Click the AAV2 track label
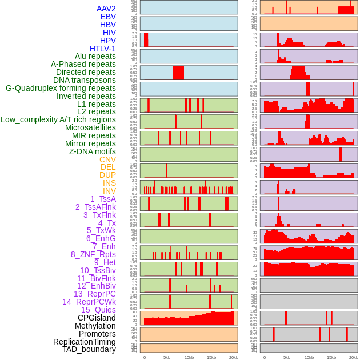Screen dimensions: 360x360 pos(106,9)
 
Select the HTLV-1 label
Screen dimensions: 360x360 pos(102,49)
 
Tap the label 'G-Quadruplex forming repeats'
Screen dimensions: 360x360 pos(61,88)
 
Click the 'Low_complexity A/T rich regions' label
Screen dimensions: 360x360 pos(58,119)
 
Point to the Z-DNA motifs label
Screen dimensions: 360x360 pos(92,151)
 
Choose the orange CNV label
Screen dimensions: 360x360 pos(107,159)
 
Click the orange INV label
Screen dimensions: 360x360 pos(109,191)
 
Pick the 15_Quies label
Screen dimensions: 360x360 pos(98,310)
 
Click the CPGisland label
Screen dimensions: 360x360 pos(97,318)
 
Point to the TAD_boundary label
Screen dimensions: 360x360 pos(89,349)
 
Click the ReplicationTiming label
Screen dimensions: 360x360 pos(84,342)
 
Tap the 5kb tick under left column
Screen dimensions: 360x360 pos(167,357)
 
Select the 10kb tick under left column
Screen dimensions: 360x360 pos(189,357)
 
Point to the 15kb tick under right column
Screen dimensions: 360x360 pos(331,357)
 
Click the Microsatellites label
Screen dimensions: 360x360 pos(90,127)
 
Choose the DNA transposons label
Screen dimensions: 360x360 pos(85,80)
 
